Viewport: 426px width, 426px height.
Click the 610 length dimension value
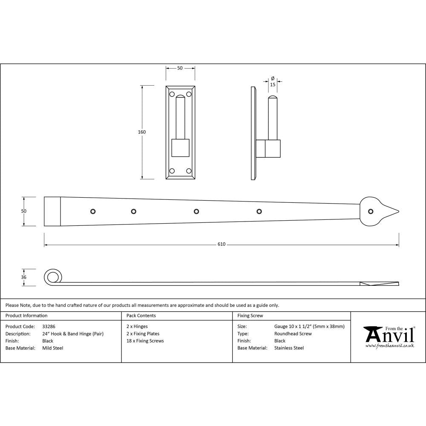[221, 245]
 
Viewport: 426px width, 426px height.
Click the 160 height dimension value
[142, 132]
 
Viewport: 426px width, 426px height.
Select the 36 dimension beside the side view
[24, 277]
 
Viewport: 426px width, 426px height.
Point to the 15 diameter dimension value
[273, 85]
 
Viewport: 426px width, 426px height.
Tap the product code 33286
[49, 327]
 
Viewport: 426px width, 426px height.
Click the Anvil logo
[388, 337]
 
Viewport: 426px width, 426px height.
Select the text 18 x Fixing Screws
[145, 341]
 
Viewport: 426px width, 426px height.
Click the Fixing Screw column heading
[250, 316]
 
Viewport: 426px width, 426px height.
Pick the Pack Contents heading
[141, 316]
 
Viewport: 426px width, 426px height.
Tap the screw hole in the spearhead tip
[371, 211]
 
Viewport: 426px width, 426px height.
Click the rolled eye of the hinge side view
[52, 278]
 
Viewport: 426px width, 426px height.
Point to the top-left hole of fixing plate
[172, 94]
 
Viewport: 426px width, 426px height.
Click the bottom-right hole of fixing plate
[189, 171]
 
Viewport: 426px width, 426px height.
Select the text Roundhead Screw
[293, 334]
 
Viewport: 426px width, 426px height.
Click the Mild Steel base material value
[53, 348]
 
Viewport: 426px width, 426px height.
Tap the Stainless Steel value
[289, 348]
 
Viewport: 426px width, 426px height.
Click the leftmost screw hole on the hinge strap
[92, 211]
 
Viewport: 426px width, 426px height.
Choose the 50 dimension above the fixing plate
[180, 68]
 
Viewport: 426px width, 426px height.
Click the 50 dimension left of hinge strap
[24, 211]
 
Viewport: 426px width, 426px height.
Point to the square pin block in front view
[180, 148]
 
